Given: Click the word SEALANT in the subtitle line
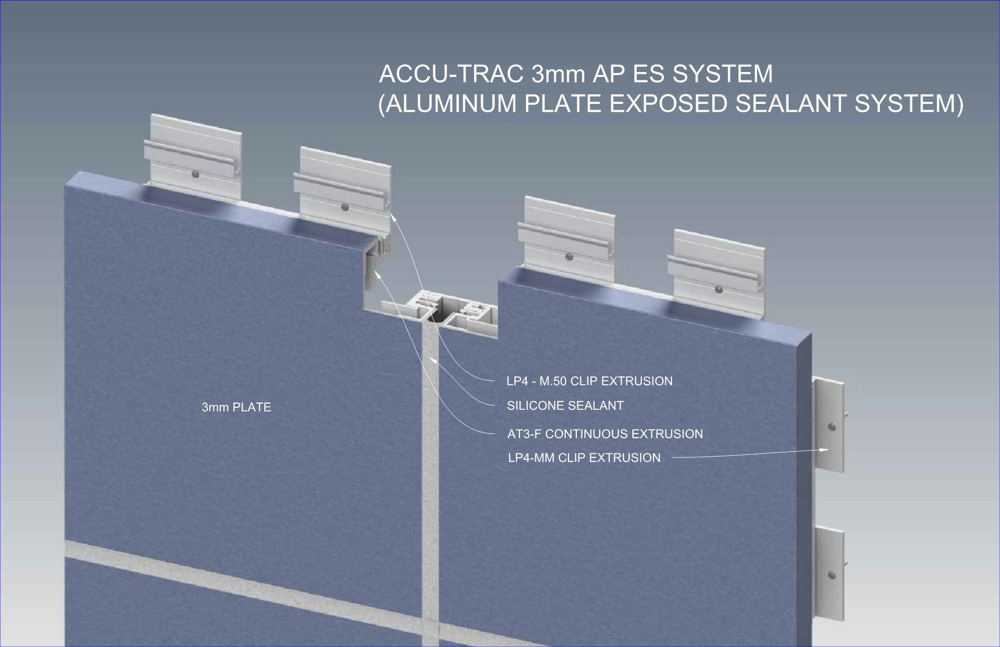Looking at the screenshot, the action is coord(792,103).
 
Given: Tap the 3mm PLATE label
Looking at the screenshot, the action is coord(236,407).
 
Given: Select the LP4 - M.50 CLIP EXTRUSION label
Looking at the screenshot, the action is coord(589,381).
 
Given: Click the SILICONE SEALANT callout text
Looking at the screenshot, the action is coord(565,406).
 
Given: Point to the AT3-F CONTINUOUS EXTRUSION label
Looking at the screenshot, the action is coord(605,434).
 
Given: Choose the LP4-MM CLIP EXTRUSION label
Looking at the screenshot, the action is coord(584,458).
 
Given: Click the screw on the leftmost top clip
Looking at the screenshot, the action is coord(196,174).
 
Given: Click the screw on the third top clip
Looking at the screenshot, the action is coord(569,256).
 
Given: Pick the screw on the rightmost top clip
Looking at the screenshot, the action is coord(719,290).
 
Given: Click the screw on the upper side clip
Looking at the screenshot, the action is coord(831,427).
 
